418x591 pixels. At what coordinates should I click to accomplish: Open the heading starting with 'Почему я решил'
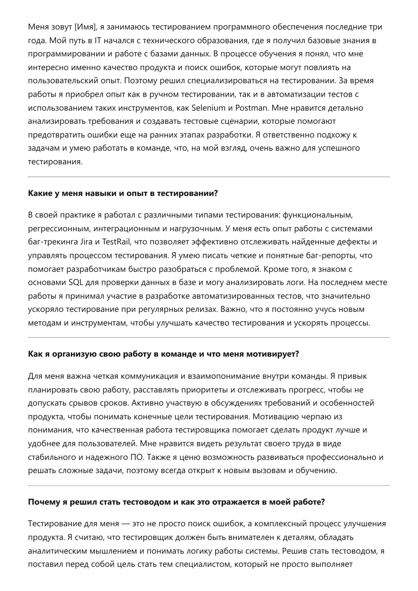click(x=176, y=502)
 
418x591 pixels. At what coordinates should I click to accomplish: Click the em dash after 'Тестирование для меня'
click(x=126, y=524)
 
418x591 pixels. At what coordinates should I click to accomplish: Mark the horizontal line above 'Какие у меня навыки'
click(x=209, y=177)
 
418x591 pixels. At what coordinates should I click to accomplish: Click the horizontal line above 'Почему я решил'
click(x=209, y=485)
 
